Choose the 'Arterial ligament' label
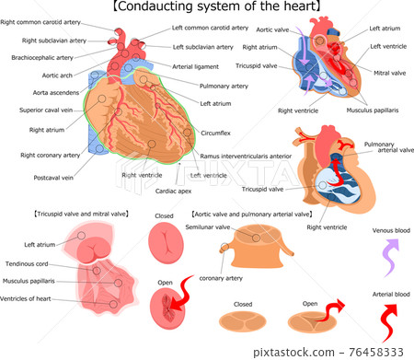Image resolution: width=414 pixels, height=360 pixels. pos(196,65)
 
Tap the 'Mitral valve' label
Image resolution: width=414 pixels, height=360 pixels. pos(387,70)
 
